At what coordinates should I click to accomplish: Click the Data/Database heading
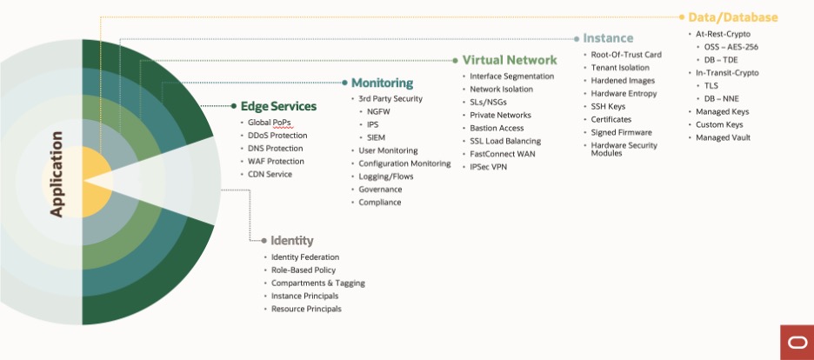732,17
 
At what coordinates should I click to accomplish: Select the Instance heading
608,38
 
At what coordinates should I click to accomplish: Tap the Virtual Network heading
510,60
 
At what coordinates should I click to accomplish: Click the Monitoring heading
382,83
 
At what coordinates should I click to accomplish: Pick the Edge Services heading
278,106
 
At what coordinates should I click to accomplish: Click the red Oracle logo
795,342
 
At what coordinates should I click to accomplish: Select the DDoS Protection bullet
277,136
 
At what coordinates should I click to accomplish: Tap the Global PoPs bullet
270,123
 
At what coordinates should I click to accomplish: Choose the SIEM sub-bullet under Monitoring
377,137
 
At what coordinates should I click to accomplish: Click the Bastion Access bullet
497,128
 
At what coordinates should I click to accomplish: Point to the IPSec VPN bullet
488,167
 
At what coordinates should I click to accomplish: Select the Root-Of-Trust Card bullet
626,55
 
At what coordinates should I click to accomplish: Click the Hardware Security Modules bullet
624,149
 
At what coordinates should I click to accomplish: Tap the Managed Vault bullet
723,137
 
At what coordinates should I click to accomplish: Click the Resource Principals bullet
306,309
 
